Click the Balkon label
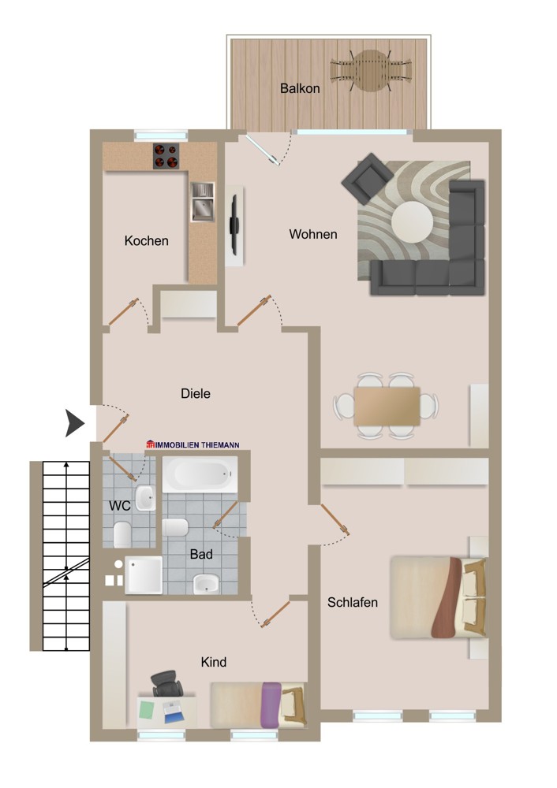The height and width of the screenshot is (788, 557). (300, 88)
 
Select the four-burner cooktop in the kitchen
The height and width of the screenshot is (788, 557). (165, 156)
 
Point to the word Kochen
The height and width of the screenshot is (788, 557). (146, 241)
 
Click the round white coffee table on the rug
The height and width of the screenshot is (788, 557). (412, 221)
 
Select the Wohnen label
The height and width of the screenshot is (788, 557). (312, 234)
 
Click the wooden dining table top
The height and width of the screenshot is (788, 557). (387, 406)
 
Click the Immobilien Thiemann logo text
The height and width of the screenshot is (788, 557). (193, 444)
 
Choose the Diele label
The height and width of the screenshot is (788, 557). (196, 393)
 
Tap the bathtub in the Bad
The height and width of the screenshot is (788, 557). (201, 475)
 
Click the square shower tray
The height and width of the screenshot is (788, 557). (143, 574)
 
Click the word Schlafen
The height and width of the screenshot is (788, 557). (353, 603)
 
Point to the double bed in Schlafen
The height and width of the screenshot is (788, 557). (438, 597)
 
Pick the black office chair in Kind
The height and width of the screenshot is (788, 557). (165, 682)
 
